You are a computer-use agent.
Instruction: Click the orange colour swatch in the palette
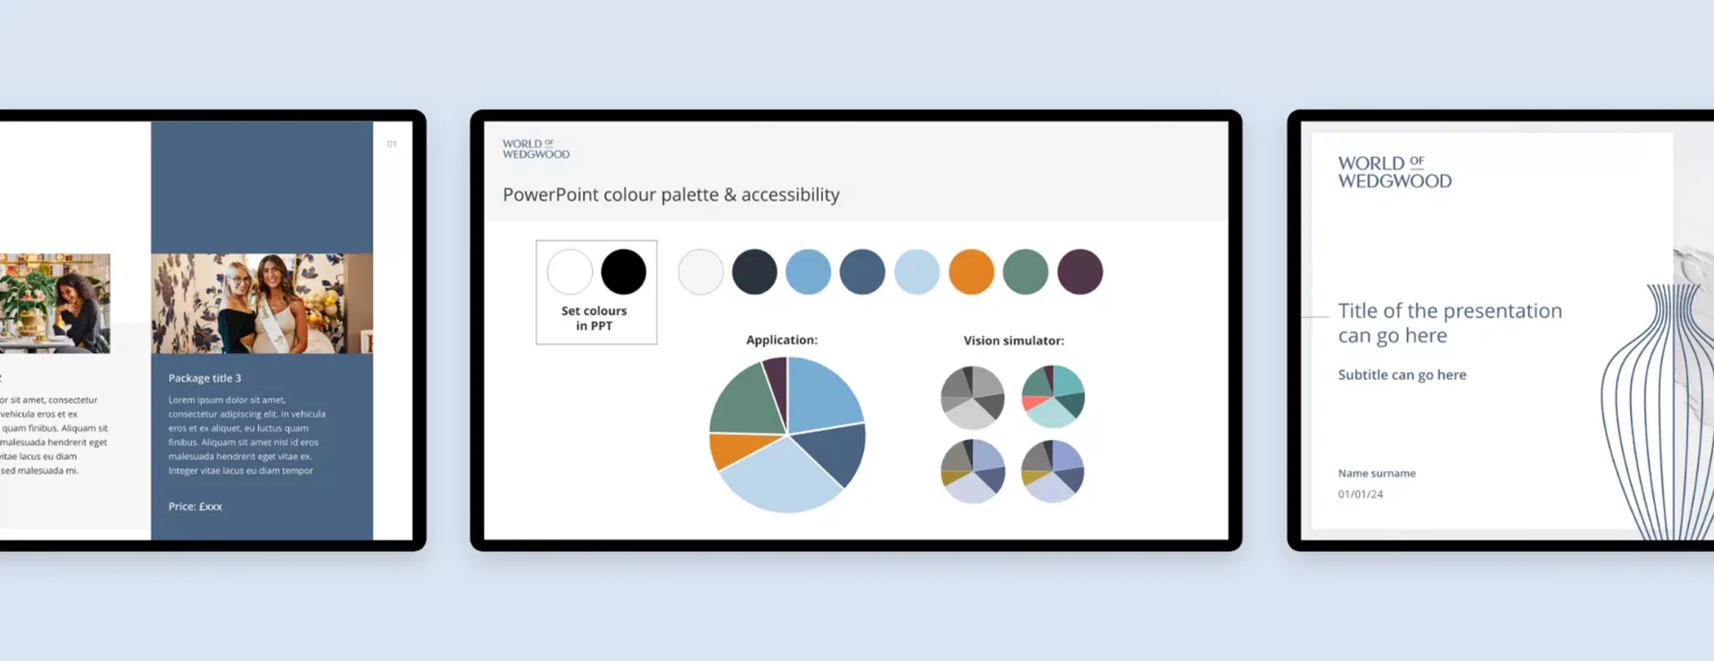971,272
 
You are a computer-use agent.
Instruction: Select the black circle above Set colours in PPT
623,272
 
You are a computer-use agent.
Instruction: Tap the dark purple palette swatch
1080,272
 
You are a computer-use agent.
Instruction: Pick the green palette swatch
1026,272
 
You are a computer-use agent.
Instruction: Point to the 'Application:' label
781,340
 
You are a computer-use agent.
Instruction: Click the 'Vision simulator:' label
1013,341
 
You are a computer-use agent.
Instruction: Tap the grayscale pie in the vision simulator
972,397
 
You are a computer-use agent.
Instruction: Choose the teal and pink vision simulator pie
1053,396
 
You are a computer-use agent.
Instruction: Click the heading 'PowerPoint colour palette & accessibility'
670,194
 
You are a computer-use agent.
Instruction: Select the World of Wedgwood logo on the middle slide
536,149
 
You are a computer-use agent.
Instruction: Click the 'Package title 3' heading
204,378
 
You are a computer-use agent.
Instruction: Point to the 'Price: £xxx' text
195,507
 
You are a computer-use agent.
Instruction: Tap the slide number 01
392,144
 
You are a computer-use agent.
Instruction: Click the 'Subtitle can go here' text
1402,376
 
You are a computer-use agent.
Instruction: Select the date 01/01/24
1360,494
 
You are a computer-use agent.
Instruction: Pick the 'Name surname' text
1376,474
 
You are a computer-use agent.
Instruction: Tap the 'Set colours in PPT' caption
595,318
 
